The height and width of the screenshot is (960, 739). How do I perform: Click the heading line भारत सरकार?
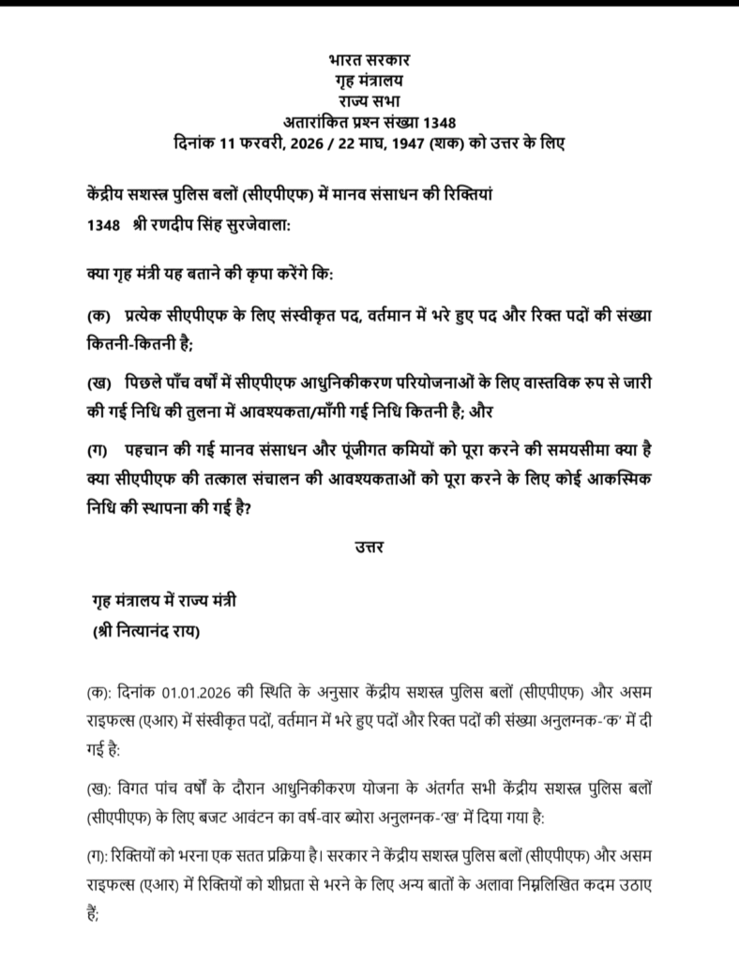pos(369,61)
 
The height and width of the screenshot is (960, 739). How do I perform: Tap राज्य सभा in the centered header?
pos(369,100)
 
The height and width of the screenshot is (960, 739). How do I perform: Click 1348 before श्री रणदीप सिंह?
pos(101,226)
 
